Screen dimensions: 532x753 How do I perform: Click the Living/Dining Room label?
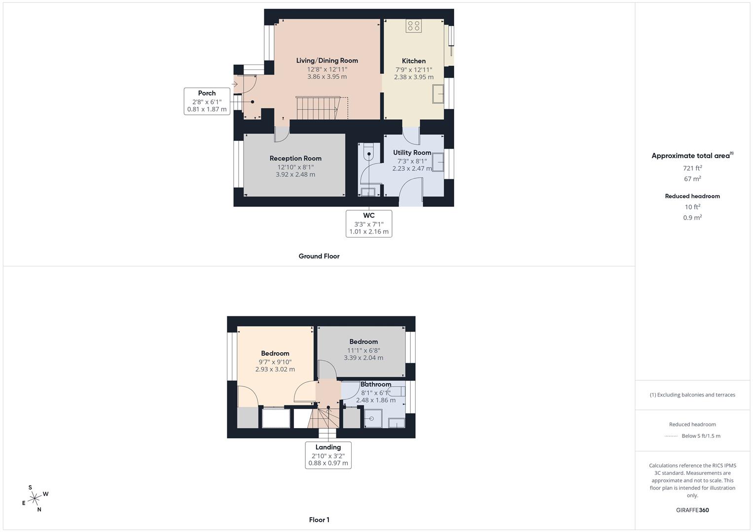[x=327, y=61]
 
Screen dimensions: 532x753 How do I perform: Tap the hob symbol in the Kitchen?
[x=413, y=26]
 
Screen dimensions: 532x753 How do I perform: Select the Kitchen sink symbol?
[x=438, y=94]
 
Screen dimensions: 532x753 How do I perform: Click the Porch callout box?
[x=207, y=101]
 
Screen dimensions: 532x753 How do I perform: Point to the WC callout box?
[x=369, y=223]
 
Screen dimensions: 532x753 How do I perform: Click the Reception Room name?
[x=295, y=158]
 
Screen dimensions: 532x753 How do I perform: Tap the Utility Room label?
[x=412, y=153]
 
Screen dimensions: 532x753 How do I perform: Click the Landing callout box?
[x=328, y=455]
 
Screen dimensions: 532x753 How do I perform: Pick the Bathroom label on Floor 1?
[x=376, y=384]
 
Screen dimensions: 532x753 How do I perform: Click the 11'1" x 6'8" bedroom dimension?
[x=363, y=350]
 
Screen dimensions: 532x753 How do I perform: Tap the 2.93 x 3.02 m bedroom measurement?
[x=275, y=369]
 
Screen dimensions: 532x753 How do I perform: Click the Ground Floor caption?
[x=319, y=256]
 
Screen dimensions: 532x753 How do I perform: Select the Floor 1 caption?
[x=319, y=520]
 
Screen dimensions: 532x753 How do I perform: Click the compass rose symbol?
[x=35, y=499]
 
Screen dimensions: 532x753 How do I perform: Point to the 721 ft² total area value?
[x=692, y=168]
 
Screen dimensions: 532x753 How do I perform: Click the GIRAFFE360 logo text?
[x=692, y=510]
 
